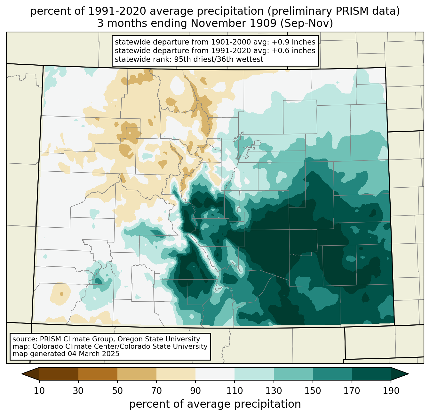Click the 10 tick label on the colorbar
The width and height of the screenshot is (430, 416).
click(39, 391)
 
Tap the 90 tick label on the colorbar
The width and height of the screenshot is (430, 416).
click(195, 391)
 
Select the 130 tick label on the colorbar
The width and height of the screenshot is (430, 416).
click(274, 391)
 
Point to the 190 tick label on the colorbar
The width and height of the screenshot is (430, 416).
click(391, 391)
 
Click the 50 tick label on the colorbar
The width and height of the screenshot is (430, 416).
click(117, 391)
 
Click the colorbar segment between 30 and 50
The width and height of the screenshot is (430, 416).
click(98, 374)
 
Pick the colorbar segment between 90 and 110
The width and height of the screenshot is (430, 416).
click(215, 374)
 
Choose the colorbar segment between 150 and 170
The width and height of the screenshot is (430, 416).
click(332, 374)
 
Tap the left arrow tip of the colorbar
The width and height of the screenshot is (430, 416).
click(22, 374)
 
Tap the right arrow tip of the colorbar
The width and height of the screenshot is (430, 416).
click(408, 374)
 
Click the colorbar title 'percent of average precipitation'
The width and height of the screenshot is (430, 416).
click(215, 404)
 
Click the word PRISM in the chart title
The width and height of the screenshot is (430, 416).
click(346, 11)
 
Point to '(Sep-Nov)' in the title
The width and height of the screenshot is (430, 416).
click(307, 23)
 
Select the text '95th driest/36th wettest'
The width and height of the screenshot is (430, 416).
click(219, 59)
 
